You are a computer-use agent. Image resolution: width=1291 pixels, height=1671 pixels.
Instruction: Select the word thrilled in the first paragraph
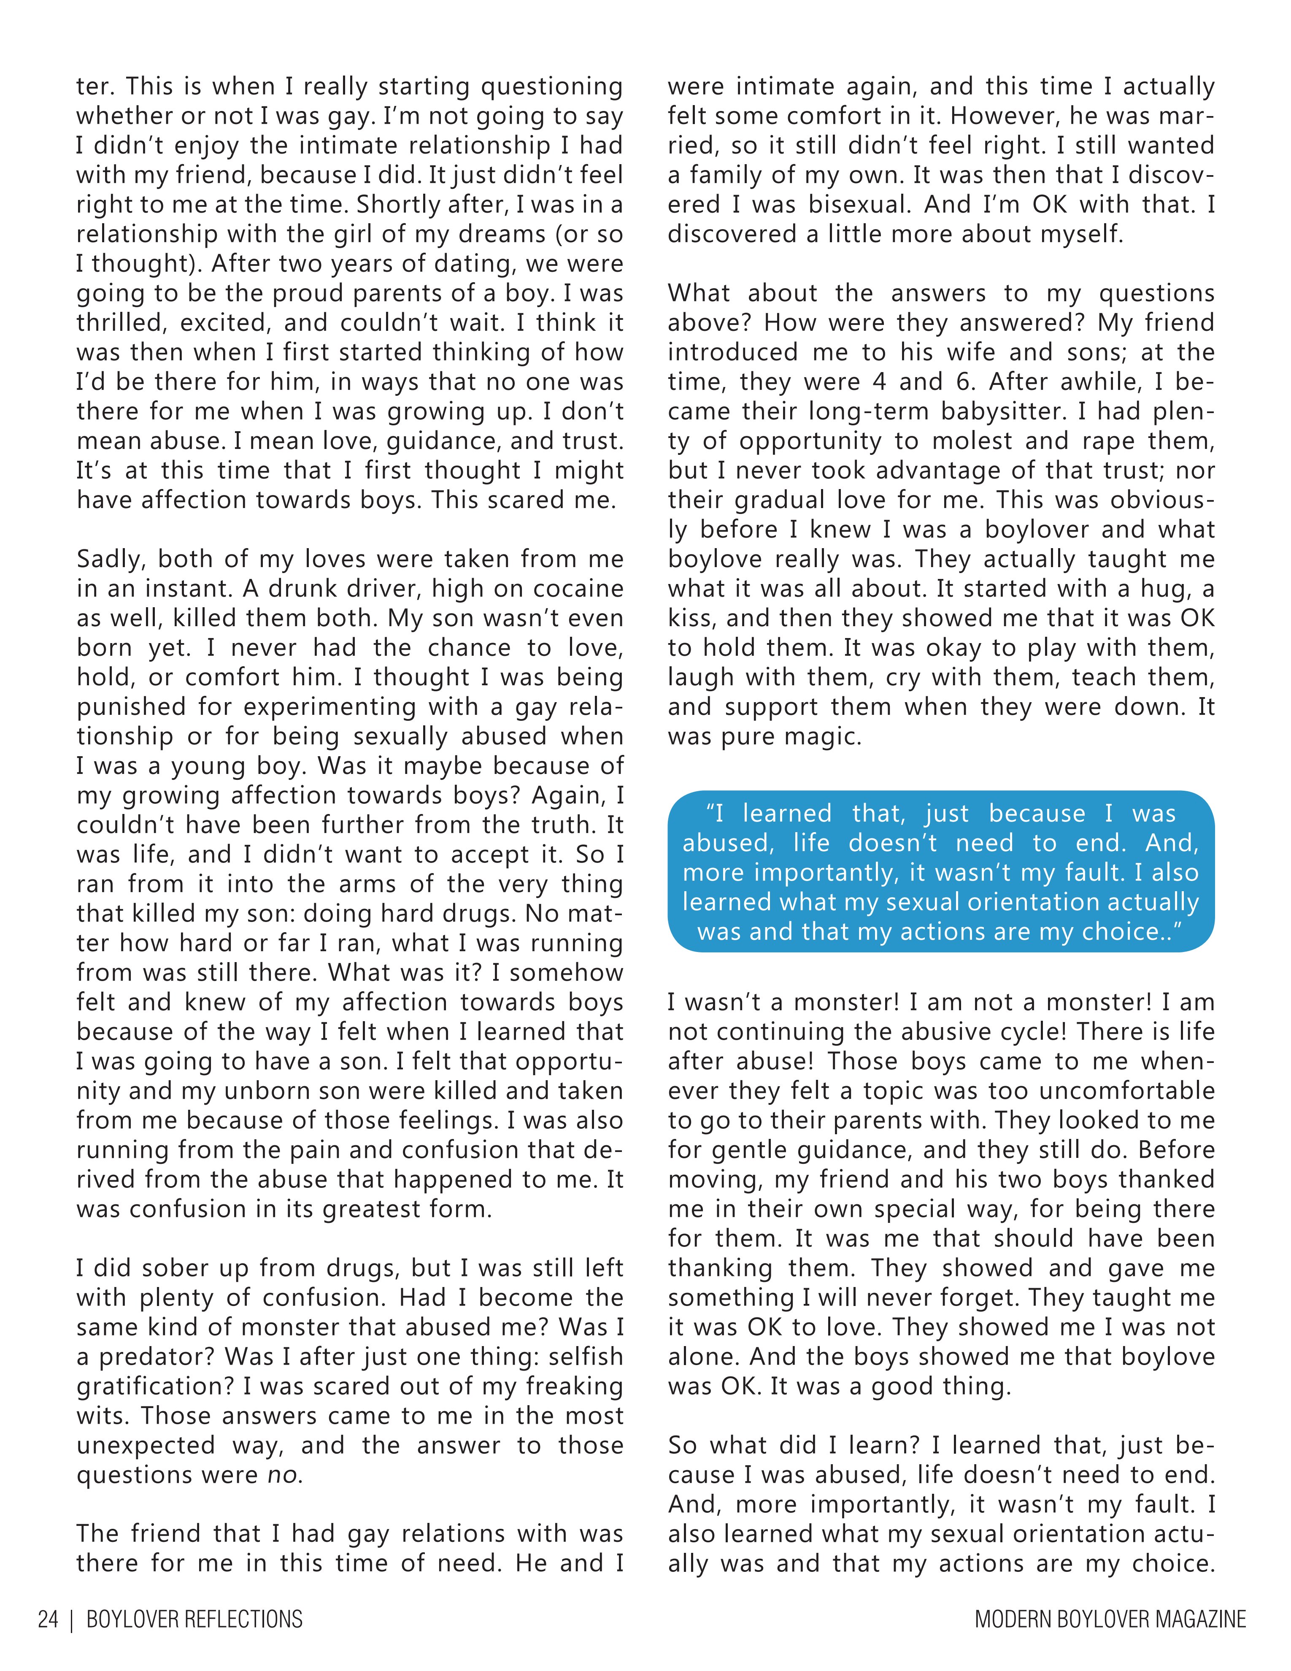pyautogui.click(x=121, y=323)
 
